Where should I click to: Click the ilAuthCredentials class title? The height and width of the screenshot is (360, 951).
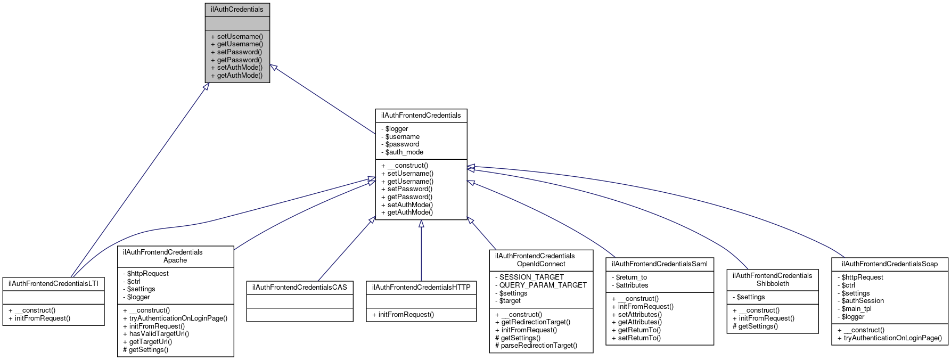tap(237, 9)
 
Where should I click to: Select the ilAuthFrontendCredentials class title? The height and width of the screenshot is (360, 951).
tap(421, 115)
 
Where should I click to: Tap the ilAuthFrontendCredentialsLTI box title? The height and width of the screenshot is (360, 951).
tap(53, 283)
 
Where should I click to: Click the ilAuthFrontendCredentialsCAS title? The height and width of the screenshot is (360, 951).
tap(299, 287)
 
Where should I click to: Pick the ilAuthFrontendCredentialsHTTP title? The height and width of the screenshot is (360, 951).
tap(421, 287)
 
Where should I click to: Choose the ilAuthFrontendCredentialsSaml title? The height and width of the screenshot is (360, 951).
tap(659, 264)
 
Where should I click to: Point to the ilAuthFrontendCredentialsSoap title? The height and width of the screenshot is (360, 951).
tap(889, 264)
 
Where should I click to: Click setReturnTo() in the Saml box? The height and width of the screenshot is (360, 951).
tap(639, 338)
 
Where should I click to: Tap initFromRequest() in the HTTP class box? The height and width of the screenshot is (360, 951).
tap(406, 314)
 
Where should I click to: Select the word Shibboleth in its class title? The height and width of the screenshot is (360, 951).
tap(773, 283)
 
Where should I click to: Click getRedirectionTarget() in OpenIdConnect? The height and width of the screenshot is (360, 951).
tap(535, 322)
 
